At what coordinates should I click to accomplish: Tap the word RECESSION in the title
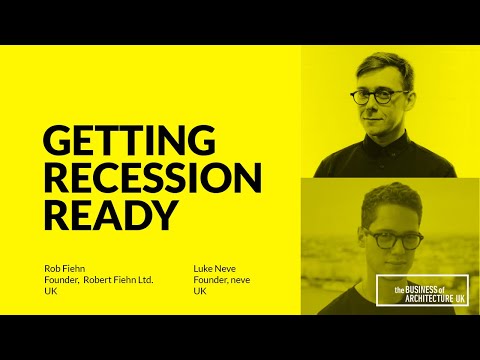[x=153, y=177]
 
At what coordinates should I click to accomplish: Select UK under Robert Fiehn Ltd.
[x=51, y=292]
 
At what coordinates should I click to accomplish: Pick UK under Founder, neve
[x=200, y=292]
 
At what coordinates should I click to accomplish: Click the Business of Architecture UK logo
[x=422, y=290]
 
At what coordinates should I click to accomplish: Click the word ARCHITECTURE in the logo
[x=420, y=296]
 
